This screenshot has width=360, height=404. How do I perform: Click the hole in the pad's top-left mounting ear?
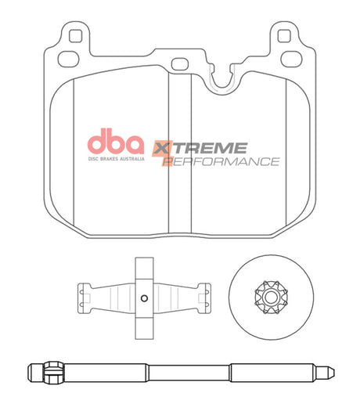tap(75, 36)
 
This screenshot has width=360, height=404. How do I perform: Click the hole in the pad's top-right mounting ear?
tap(285, 36)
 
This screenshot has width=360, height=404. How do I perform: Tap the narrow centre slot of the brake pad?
tap(180, 157)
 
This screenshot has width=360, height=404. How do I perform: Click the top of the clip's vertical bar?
tap(142, 265)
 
